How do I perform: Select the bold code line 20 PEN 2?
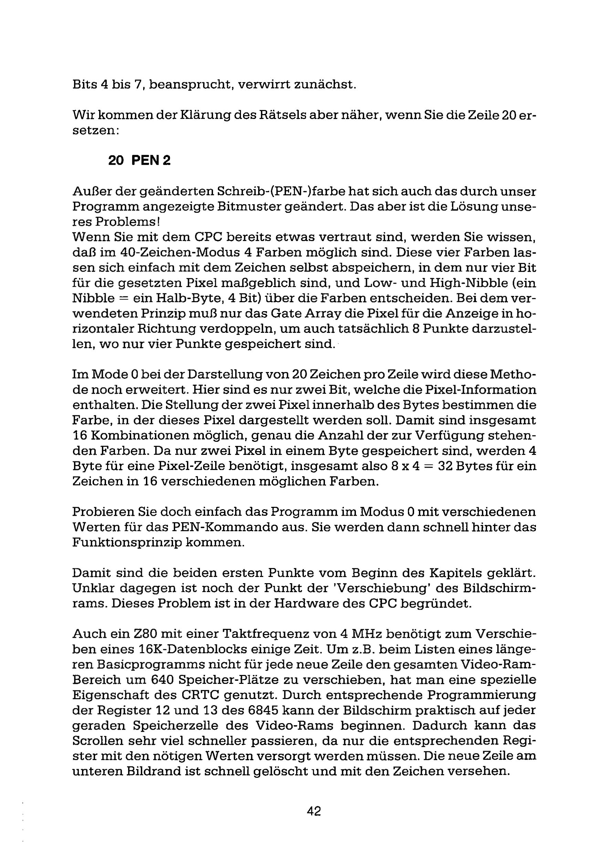pos(139,161)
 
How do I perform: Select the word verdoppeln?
pos(239,329)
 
